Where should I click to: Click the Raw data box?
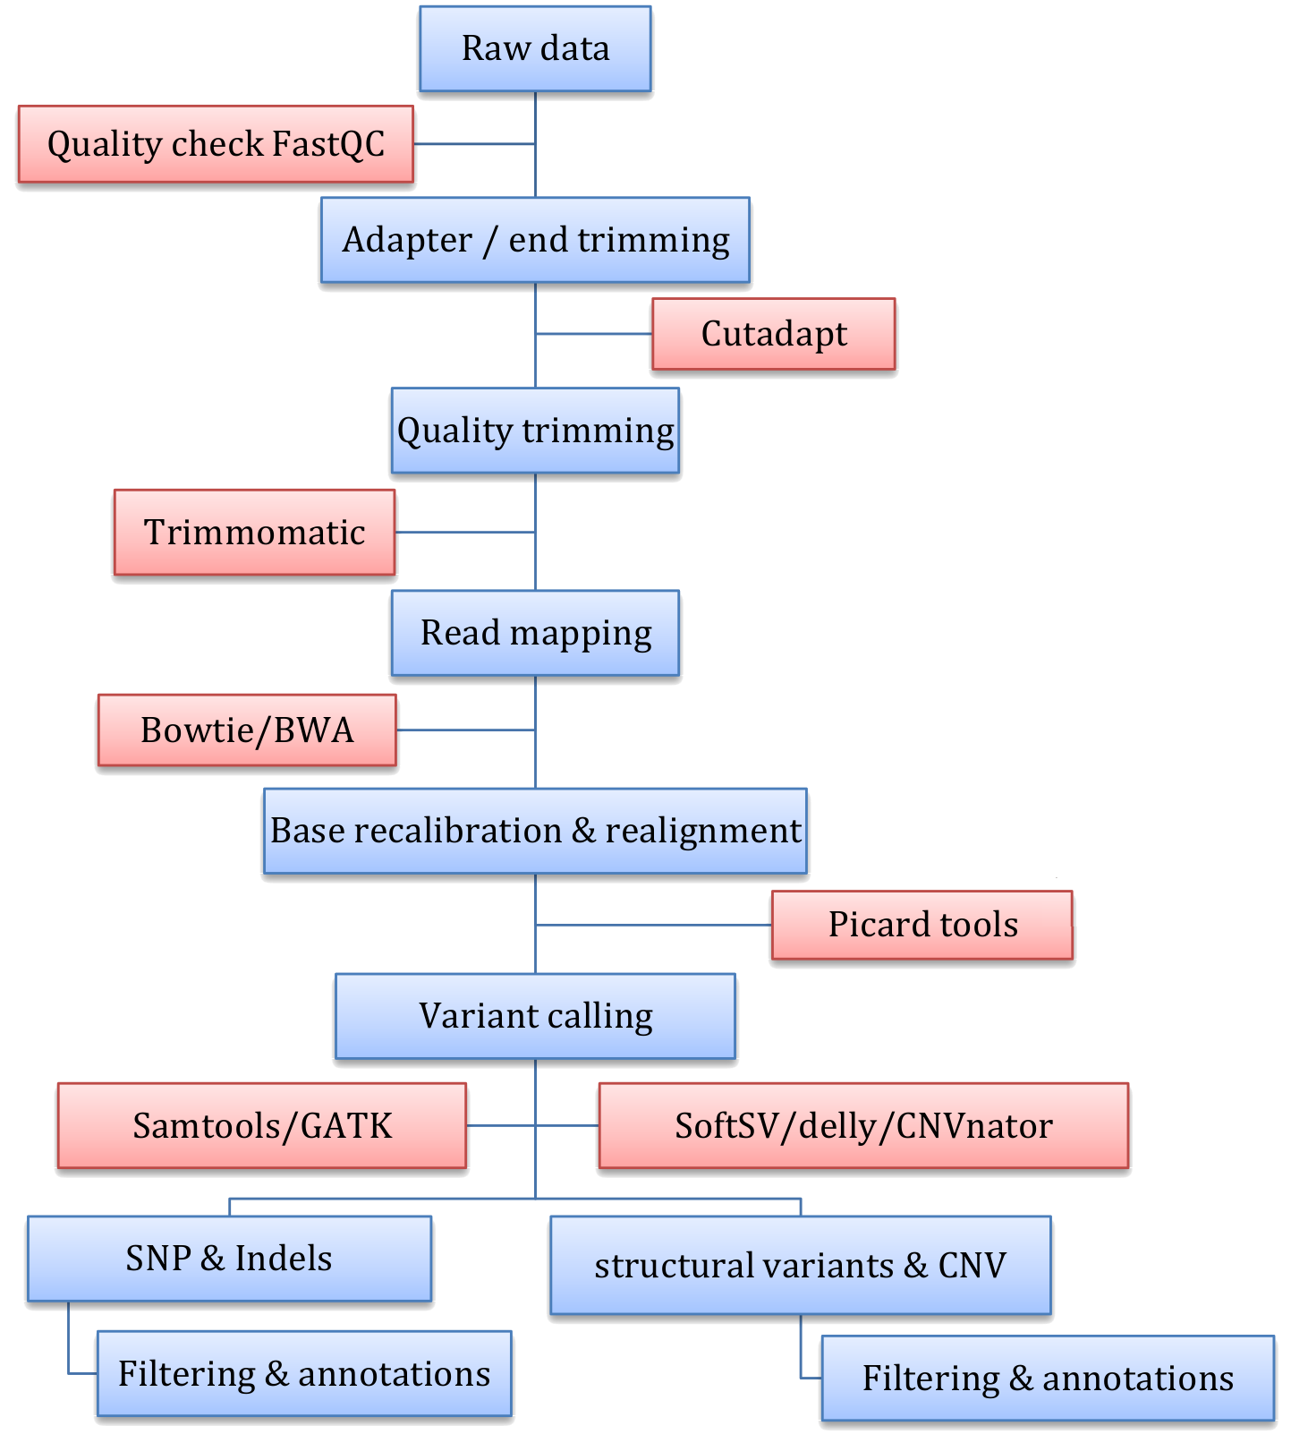[x=535, y=49]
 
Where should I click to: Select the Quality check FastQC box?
[x=216, y=144]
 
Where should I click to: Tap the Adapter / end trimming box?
[x=535, y=240]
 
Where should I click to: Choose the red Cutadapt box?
[x=773, y=334]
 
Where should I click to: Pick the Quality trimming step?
[x=535, y=431]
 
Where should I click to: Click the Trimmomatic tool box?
[x=254, y=533]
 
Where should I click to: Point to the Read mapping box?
[x=535, y=633]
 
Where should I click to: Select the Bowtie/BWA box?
[x=247, y=730]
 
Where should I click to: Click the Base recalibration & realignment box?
[x=535, y=831]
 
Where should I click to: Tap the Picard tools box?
[x=922, y=925]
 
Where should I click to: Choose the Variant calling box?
[x=535, y=1016]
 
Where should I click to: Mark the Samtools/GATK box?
[x=262, y=1126]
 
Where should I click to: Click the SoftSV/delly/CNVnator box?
[x=863, y=1126]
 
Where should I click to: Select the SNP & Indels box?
[x=229, y=1259]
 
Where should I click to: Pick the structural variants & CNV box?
[x=800, y=1265]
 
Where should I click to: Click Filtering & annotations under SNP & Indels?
[x=304, y=1374]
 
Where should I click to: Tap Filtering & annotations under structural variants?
[x=1048, y=1379]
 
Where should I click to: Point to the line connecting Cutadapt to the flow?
[x=594, y=334]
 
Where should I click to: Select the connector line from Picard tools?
[x=653, y=925]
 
